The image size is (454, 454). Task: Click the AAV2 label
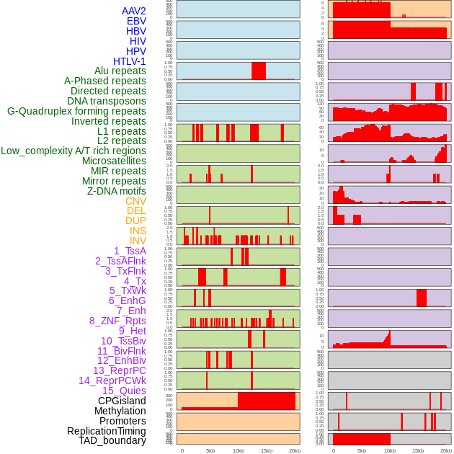click(x=134, y=11)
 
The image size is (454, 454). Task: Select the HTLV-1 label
click(x=130, y=61)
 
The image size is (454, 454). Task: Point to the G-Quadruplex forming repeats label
click(x=76, y=111)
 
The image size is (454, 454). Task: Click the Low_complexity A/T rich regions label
click(x=74, y=151)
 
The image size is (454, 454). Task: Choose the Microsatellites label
click(x=114, y=161)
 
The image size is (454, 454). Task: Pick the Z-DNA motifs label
click(x=117, y=191)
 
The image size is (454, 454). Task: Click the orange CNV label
click(x=135, y=201)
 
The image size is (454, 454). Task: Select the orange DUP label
click(x=135, y=221)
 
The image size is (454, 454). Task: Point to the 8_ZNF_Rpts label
click(x=117, y=321)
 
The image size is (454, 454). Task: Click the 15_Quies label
click(x=124, y=391)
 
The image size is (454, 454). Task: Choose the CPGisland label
click(x=122, y=401)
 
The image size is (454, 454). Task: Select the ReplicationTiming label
click(x=106, y=431)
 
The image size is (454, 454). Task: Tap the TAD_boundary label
click(x=112, y=440)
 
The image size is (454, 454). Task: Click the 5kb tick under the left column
click(x=210, y=450)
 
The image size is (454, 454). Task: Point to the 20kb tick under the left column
click(x=295, y=450)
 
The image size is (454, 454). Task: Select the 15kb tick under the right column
click(x=418, y=450)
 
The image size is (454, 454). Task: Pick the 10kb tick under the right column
click(x=390, y=450)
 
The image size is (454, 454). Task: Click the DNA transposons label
click(x=107, y=101)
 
